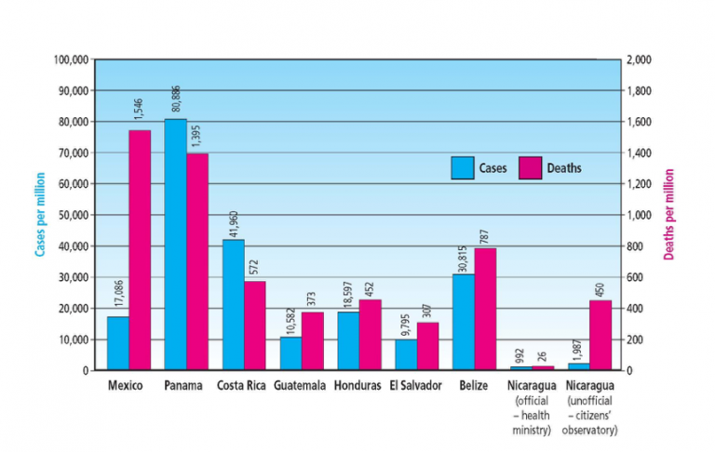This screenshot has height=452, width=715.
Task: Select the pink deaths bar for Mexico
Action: click(x=140, y=250)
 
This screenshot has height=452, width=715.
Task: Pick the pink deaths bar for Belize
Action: click(x=485, y=309)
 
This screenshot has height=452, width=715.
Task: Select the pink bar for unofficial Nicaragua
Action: click(x=600, y=335)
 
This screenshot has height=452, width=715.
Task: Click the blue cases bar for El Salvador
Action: click(x=406, y=354)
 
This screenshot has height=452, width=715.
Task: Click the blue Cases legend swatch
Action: click(x=463, y=168)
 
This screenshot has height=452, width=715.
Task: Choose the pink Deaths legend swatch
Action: click(x=530, y=168)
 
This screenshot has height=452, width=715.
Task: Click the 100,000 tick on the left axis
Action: click(x=71, y=60)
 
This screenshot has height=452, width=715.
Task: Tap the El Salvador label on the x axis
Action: click(x=415, y=385)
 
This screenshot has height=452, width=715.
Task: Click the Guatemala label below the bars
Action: click(x=300, y=385)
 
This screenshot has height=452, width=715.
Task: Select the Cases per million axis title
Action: click(x=41, y=214)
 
